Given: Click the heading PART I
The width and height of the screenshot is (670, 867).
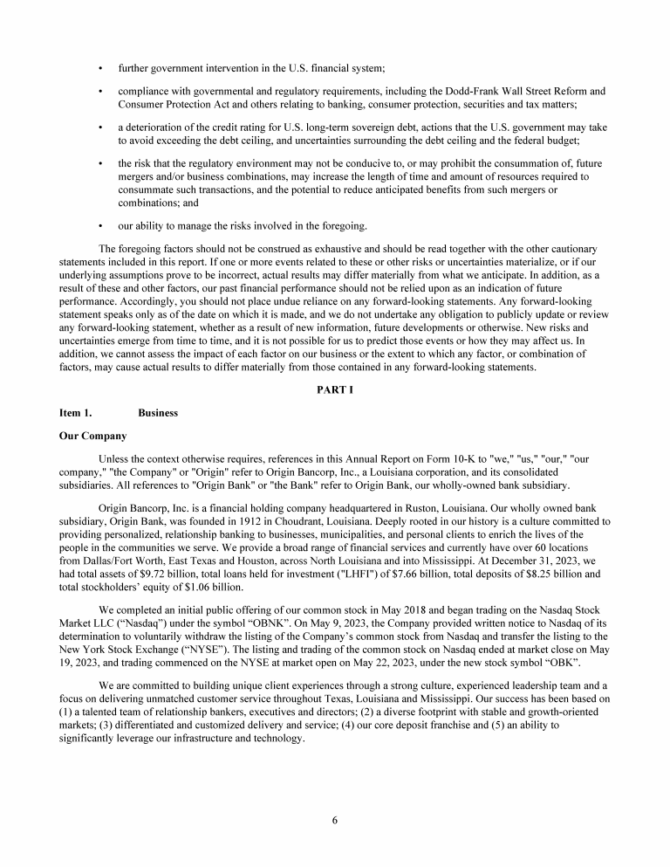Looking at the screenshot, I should pos(335,389).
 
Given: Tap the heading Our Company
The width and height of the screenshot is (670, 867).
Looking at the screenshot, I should pos(92,436).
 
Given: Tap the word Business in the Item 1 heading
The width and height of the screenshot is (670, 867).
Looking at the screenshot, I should pos(158,413).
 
